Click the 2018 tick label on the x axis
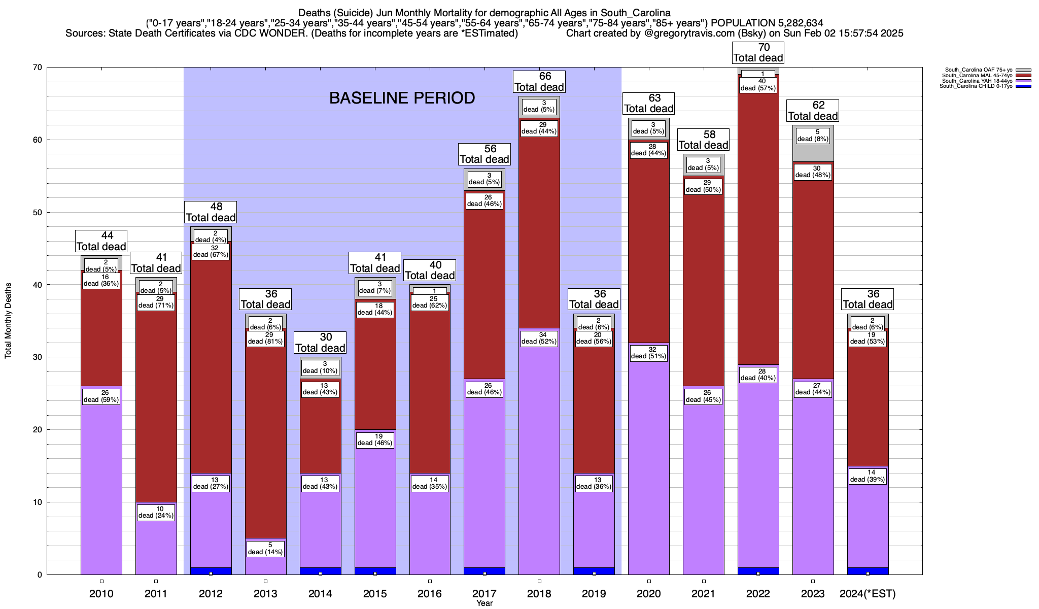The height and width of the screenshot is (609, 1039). [539, 593]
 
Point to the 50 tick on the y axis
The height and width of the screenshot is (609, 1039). [38, 212]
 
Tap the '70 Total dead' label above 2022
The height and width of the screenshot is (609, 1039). [758, 53]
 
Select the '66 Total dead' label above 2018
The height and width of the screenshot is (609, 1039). [539, 82]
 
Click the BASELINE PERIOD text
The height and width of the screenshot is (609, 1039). [402, 98]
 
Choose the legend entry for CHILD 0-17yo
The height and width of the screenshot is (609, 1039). [976, 86]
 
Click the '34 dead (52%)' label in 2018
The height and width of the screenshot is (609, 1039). [539, 338]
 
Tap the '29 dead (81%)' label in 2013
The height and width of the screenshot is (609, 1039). [265, 338]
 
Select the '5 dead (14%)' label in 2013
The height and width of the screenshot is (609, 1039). [265, 549]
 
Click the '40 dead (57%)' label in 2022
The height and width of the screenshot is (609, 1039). [758, 85]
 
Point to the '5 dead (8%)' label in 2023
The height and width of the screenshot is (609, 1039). [813, 136]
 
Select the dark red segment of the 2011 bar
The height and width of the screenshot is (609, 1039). [156, 406]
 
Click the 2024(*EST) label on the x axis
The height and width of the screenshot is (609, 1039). [868, 593]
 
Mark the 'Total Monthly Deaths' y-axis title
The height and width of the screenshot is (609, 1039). [8, 321]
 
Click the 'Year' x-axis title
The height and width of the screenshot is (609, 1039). [484, 603]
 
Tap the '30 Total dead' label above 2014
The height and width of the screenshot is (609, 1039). [320, 343]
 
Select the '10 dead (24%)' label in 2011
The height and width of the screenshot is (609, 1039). [156, 512]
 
